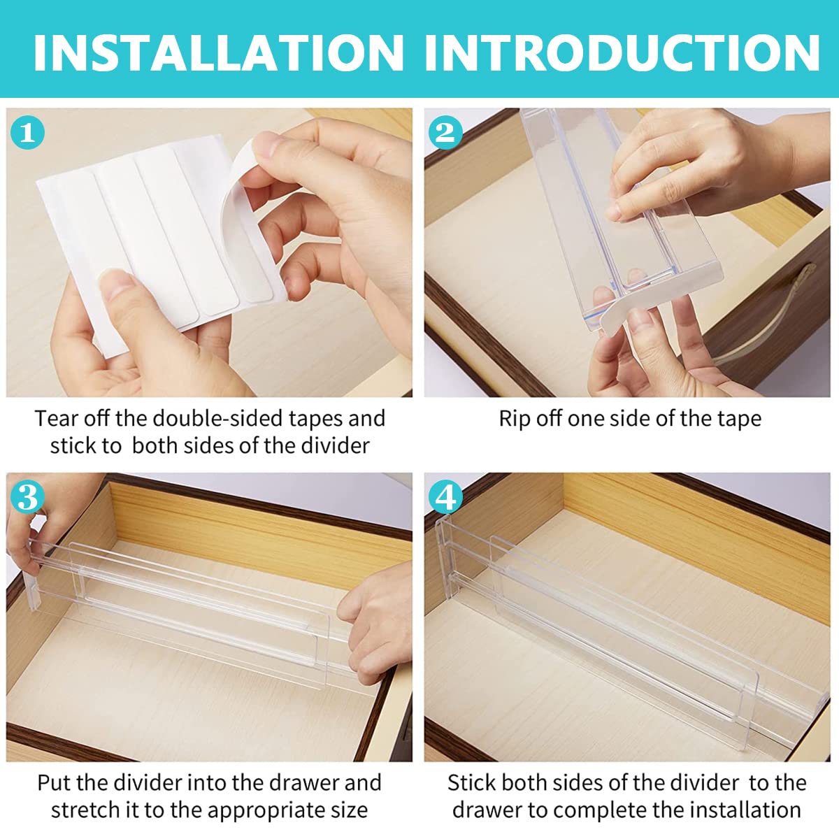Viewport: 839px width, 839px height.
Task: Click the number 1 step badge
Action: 27,132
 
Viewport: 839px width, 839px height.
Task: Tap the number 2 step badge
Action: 445,132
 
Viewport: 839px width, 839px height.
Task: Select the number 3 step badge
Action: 27,497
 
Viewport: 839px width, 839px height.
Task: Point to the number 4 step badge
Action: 445,497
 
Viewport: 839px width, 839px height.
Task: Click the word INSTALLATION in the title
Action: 219,53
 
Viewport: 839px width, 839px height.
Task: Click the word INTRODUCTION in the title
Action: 622,53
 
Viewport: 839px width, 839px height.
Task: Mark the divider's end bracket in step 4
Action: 445,561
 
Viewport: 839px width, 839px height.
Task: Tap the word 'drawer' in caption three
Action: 303,770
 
